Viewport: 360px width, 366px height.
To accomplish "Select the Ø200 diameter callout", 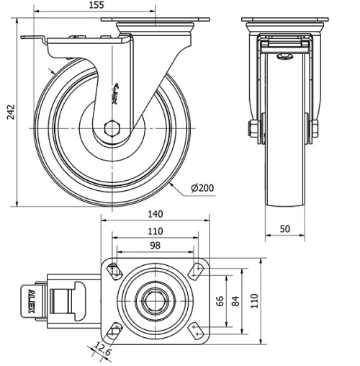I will [x=202, y=188].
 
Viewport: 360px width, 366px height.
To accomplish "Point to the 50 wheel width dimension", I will [x=285, y=228].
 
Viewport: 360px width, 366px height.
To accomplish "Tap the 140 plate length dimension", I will [x=155, y=214].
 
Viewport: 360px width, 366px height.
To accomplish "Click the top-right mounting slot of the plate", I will [x=194, y=271].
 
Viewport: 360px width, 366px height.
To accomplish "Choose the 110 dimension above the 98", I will [x=155, y=231].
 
